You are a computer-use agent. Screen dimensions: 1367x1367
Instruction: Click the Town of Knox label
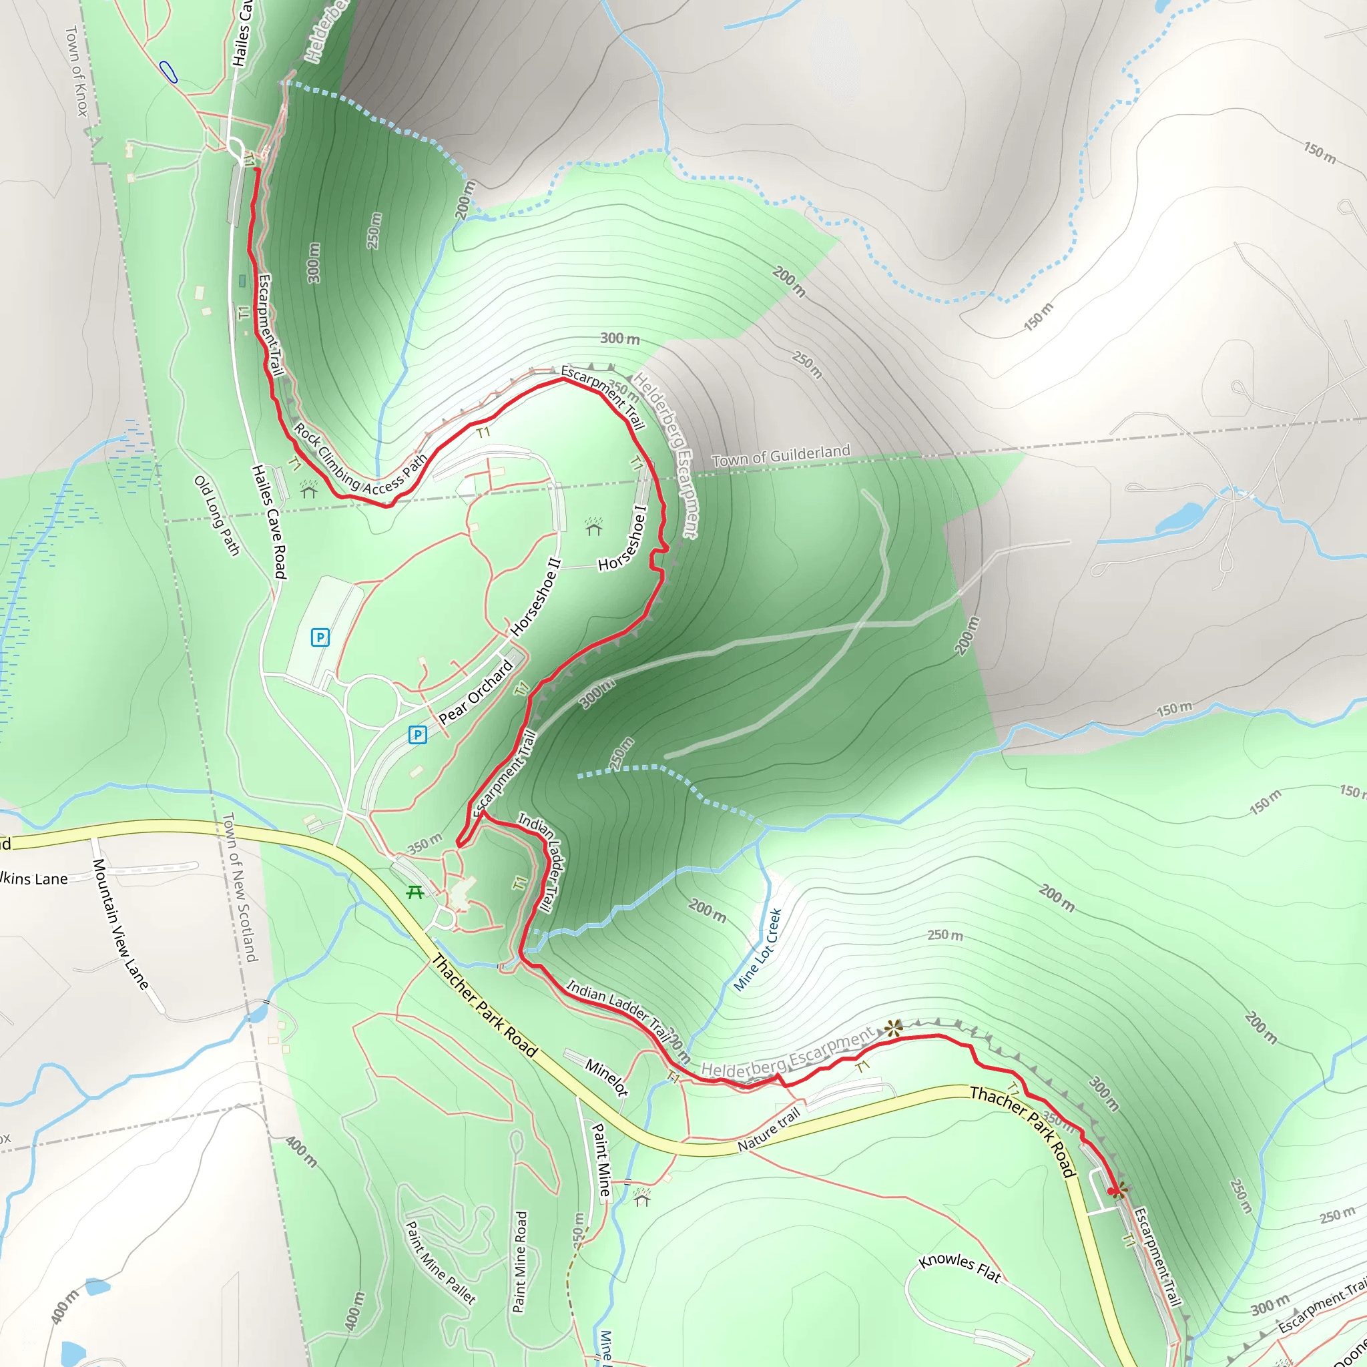76,71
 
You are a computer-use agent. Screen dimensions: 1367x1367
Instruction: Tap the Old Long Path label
217,516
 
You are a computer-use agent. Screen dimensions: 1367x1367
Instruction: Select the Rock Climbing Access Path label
360,459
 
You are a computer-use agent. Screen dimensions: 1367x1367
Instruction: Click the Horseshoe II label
535,597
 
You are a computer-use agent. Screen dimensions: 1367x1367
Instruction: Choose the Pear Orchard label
476,692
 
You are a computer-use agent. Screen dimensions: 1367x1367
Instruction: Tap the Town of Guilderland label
780,456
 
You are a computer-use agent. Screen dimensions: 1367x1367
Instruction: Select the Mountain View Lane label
119,924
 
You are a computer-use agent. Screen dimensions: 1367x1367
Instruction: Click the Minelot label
606,1077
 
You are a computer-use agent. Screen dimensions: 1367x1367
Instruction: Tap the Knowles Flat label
959,1268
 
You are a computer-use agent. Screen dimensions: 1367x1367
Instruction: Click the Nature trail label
768,1130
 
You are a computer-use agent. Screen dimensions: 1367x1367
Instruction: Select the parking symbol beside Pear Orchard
417,735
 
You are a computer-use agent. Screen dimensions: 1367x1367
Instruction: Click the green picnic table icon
415,893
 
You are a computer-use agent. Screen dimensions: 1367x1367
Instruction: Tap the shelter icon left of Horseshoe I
593,527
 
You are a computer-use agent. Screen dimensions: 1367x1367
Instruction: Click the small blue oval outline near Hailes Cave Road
168,72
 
